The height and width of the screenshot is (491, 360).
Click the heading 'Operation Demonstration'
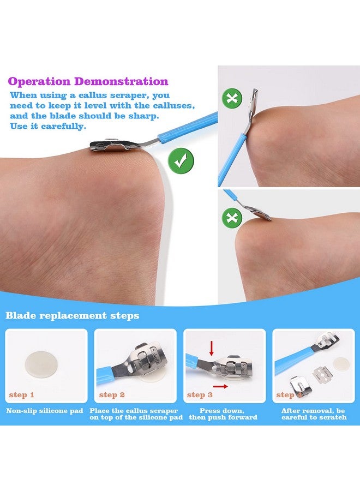88,82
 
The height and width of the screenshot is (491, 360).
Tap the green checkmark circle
181,160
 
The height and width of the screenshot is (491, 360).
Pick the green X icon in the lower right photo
231,218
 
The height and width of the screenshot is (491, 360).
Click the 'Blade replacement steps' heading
73,316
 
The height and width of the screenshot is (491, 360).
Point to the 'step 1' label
22,394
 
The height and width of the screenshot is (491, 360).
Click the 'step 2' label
112,394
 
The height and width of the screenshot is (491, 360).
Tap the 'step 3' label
200,394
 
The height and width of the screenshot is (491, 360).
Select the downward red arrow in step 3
211,347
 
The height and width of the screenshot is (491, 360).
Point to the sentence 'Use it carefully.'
47,126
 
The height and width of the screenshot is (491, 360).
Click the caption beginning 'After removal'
314,414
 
